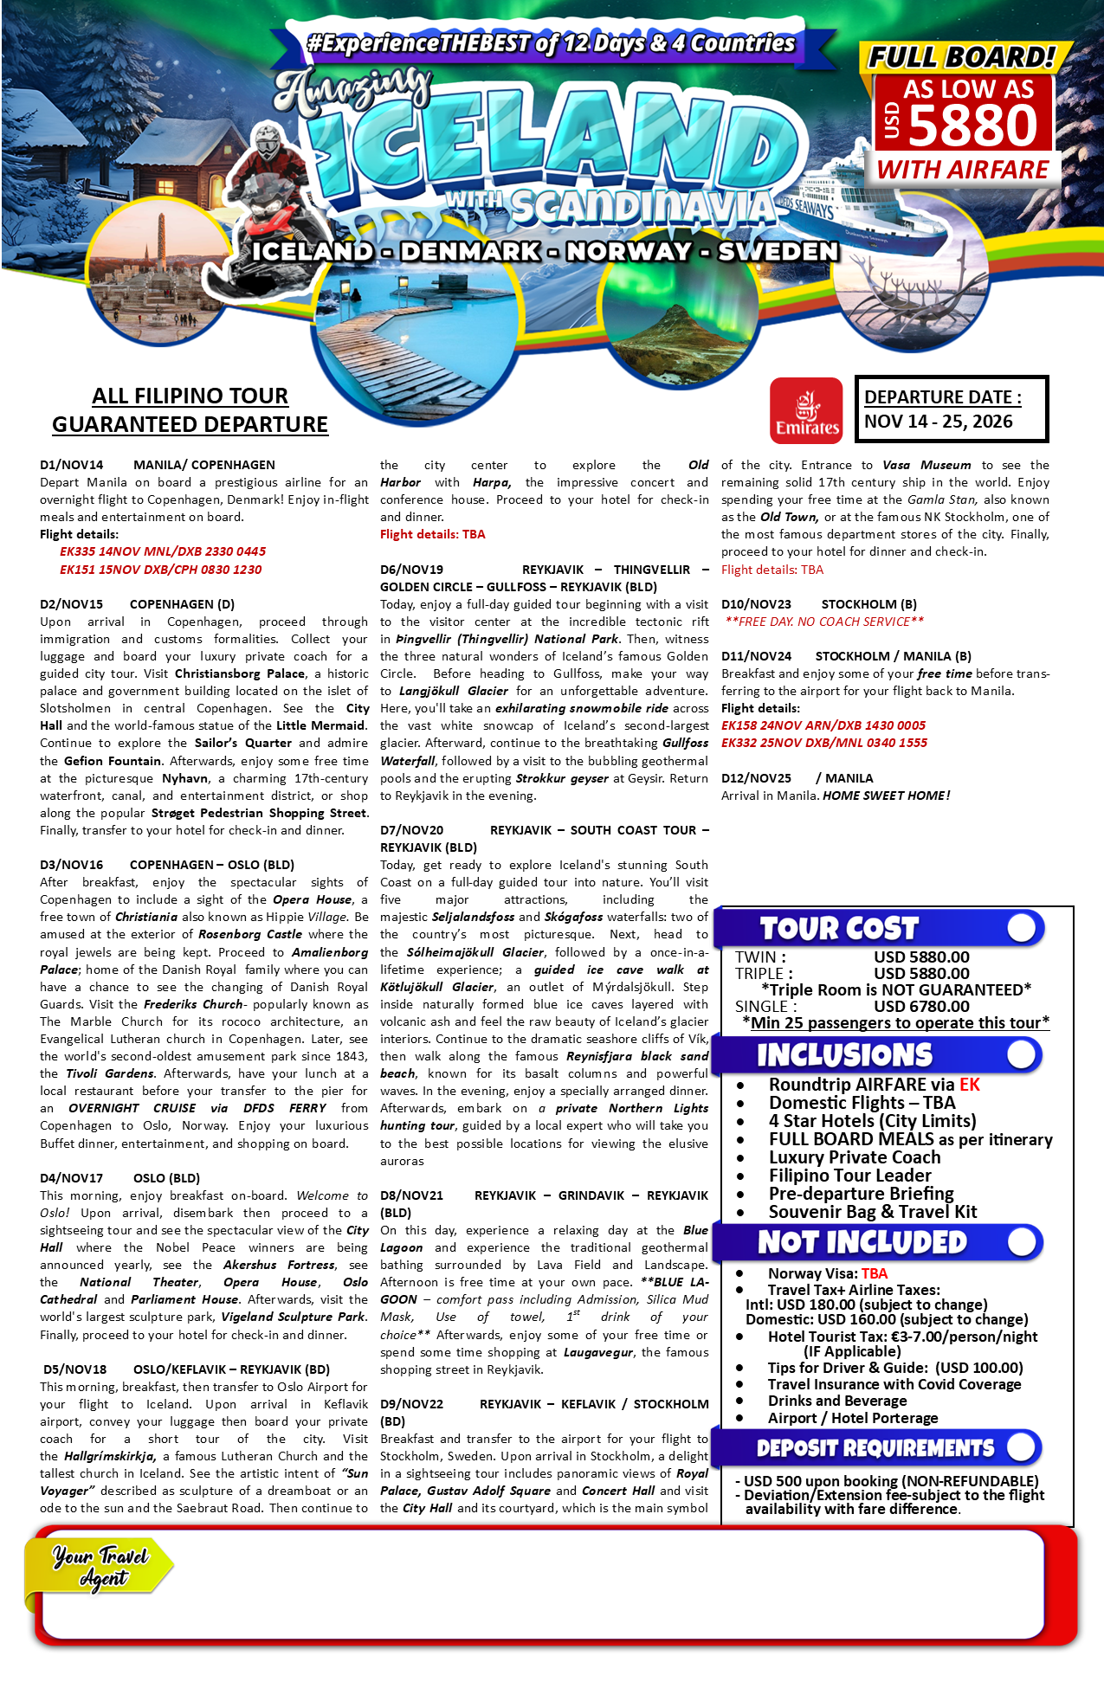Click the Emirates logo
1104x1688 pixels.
coord(805,410)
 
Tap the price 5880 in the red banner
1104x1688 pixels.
coord(972,126)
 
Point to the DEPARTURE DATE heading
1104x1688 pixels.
coord(942,397)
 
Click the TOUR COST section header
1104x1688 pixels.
coord(838,929)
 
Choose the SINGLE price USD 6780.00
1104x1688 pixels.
coord(921,1006)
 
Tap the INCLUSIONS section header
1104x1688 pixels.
coord(844,1055)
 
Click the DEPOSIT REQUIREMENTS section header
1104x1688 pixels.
coord(875,1448)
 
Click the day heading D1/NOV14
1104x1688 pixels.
coord(71,465)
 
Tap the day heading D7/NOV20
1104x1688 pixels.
coord(411,830)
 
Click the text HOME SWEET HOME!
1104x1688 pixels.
coord(886,796)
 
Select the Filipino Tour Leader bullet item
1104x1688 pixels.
coord(849,1176)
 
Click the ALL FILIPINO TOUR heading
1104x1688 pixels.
coord(190,396)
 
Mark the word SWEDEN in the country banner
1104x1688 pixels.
coord(778,251)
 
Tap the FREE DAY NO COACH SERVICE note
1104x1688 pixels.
coord(824,622)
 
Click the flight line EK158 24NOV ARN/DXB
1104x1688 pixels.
coord(823,725)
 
